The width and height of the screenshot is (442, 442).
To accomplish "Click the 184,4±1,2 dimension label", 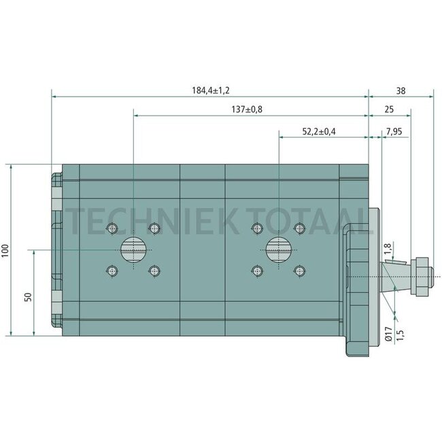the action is [211, 90].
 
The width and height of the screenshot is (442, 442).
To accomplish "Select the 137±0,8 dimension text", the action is [247, 109].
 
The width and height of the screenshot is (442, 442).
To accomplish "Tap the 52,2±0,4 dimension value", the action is [319, 131].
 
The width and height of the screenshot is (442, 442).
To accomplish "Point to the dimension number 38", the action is [401, 90].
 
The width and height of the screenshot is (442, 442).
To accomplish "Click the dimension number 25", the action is [389, 109].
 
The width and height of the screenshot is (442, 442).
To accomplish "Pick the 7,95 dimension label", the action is [394, 132].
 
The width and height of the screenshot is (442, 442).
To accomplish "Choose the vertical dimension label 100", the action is [5, 251].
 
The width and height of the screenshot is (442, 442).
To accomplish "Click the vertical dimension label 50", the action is [28, 297].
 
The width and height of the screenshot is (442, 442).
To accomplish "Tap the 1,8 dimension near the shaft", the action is [388, 248].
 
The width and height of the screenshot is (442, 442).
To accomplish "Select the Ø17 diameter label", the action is [388, 335].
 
